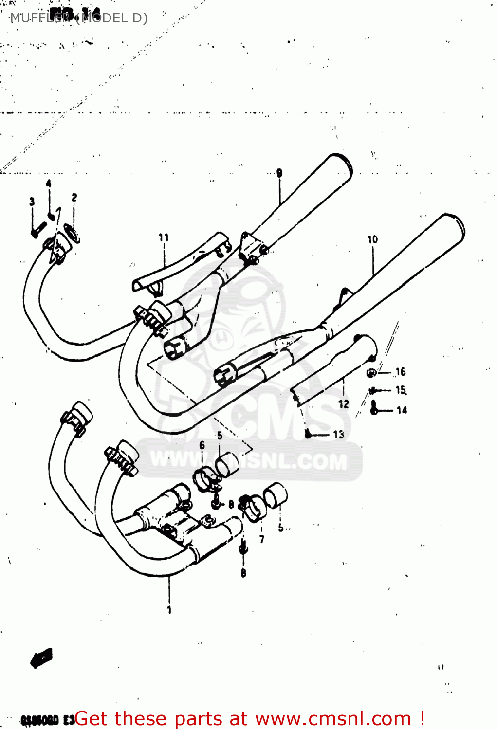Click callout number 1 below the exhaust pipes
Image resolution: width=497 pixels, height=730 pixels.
pyautogui.click(x=169, y=610)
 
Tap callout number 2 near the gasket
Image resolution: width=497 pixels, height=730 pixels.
pyautogui.click(x=74, y=197)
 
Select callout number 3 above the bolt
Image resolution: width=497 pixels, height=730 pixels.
pyautogui.click(x=32, y=201)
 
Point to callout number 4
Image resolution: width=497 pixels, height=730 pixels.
pyautogui.click(x=48, y=183)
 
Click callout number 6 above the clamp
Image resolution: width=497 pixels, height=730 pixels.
pyautogui.click(x=202, y=445)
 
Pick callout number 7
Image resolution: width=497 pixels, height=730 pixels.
pyautogui.click(x=262, y=539)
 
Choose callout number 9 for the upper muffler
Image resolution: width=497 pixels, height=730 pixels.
pyautogui.click(x=279, y=173)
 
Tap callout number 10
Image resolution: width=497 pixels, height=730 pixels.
pyautogui.click(x=372, y=239)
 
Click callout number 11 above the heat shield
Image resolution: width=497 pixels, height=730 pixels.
pyautogui.click(x=164, y=237)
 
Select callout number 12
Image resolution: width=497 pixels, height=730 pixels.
pyautogui.click(x=344, y=403)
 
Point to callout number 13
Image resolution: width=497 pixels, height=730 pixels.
pyautogui.click(x=338, y=434)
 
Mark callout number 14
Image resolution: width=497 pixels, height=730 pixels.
pyautogui.click(x=402, y=410)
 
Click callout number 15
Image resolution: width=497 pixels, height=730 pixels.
pyautogui.click(x=401, y=390)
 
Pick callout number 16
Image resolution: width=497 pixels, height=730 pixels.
pyautogui.click(x=401, y=372)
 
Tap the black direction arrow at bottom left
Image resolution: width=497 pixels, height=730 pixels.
pyautogui.click(x=41, y=658)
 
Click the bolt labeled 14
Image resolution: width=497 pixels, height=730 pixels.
pyautogui.click(x=374, y=408)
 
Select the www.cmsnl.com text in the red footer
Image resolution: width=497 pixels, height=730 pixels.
pyautogui.click(x=333, y=718)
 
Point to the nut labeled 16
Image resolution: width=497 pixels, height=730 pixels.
pyautogui.click(x=370, y=373)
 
